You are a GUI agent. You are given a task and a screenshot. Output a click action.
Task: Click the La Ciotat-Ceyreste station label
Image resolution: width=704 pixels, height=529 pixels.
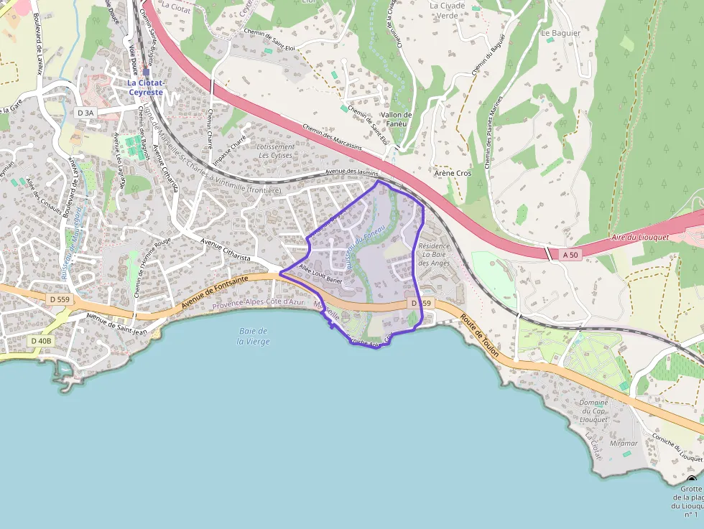coord(146,87)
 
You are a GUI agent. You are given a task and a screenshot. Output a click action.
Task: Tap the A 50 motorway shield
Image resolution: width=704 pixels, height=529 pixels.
coord(570,254)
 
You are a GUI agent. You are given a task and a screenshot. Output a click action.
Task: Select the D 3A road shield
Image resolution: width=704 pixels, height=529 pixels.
coord(85,113)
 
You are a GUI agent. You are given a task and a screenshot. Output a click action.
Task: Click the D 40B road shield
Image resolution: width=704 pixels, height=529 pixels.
coord(41,341)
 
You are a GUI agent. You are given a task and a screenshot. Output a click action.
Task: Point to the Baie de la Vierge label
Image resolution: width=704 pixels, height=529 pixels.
coord(254,336)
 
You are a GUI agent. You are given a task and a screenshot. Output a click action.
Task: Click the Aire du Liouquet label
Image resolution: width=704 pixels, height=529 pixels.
coord(639,237)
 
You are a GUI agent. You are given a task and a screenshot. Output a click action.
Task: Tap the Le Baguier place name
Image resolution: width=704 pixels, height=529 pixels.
coord(560,33)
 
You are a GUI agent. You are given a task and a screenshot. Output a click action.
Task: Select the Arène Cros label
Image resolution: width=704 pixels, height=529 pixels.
coord(453,174)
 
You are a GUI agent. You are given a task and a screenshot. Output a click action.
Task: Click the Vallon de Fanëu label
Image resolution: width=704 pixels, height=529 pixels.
coord(397,119)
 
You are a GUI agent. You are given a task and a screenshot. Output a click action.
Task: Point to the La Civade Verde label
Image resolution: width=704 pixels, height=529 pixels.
coord(448,10)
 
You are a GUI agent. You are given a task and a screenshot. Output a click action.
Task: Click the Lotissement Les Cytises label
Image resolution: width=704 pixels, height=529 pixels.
coord(275,151)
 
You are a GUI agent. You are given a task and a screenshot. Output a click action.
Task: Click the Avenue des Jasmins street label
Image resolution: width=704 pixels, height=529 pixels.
coord(351,174)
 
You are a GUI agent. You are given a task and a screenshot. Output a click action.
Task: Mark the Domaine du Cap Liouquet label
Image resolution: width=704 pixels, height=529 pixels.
coord(593,411)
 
